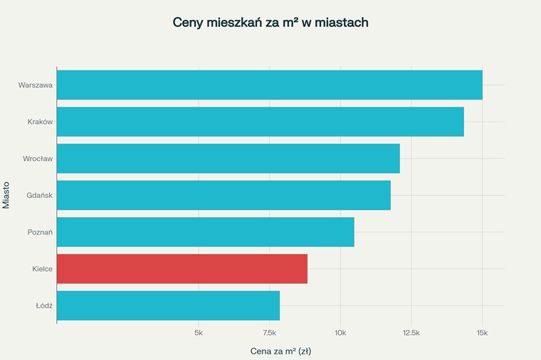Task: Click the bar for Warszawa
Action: [269, 85]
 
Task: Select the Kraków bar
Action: [260, 122]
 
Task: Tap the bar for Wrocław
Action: [228, 159]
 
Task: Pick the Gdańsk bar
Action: [224, 195]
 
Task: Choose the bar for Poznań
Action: [205, 232]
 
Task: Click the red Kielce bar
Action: [182, 269]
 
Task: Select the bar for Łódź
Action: [168, 305]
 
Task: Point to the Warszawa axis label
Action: [36, 85]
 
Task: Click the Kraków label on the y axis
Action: [40, 122]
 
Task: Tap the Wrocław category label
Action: [38, 159]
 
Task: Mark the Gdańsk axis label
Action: [39, 196]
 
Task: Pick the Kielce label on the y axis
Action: [42, 269]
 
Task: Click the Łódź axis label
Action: [44, 306]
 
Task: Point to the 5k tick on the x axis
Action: [199, 332]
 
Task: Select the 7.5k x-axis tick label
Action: [269, 332]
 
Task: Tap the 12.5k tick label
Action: [411, 332]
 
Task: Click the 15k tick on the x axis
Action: [482, 332]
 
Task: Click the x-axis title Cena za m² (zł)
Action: [280, 351]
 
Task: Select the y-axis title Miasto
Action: [6, 195]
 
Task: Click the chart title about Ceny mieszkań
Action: [270, 22]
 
